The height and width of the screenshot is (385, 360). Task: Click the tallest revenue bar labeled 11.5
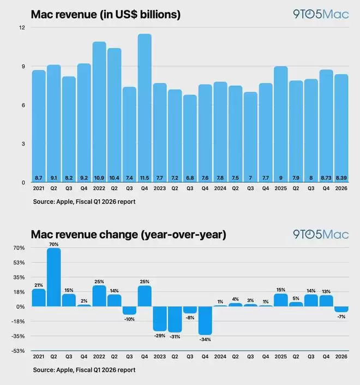tap(145, 109)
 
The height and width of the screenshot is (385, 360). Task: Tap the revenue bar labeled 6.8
tap(190, 139)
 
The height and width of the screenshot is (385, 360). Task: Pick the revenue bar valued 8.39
tap(341, 129)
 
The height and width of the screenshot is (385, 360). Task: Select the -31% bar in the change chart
tap(175, 319)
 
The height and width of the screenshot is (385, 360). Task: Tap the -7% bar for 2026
tap(341, 309)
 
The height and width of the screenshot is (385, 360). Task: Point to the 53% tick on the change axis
tap(19, 262)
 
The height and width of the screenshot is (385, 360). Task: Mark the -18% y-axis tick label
tap(18, 321)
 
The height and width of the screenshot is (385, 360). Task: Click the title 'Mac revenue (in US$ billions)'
tap(106, 15)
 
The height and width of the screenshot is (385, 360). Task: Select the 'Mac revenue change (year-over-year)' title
tap(128, 235)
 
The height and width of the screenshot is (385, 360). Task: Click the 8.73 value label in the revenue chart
tap(326, 178)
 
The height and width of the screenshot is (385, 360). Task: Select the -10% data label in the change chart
tap(129, 319)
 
